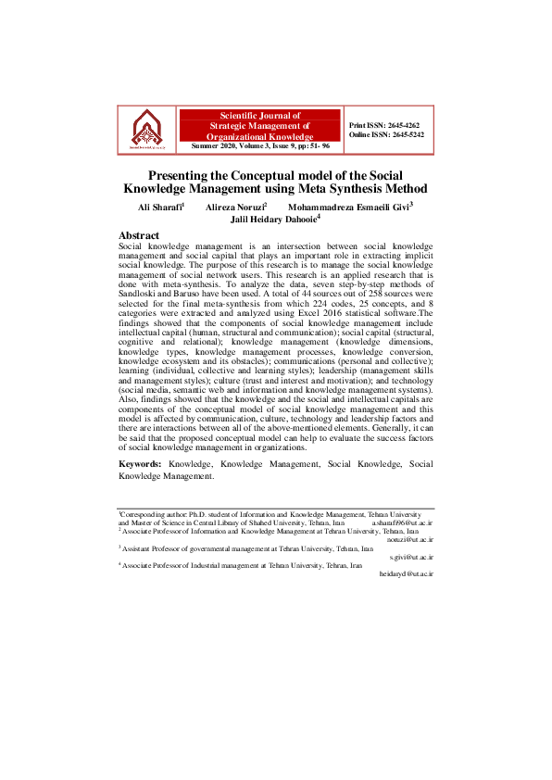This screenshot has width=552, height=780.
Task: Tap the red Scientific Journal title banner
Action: [260, 124]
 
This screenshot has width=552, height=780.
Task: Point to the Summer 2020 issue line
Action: [260, 146]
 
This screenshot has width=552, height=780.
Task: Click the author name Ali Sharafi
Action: [155, 208]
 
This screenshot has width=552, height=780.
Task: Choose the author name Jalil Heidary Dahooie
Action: [273, 220]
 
